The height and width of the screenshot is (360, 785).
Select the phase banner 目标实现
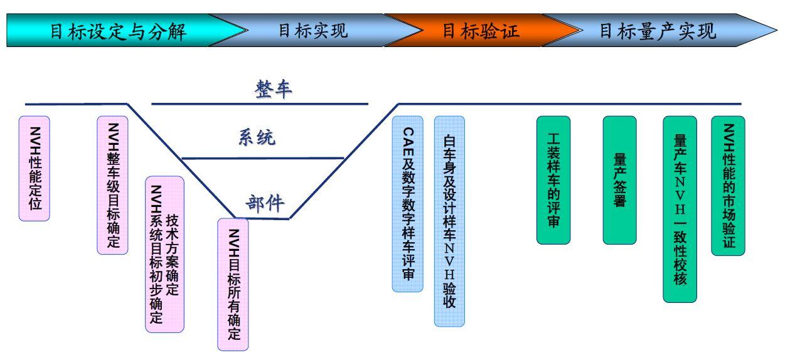(x=312, y=31)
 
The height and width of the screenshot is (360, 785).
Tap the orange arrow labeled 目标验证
(x=481, y=31)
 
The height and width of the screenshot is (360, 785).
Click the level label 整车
(x=273, y=89)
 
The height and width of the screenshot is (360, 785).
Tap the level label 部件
(x=264, y=203)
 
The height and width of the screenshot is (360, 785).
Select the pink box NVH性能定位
(x=35, y=168)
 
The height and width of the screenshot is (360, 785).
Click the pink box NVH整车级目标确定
(x=113, y=185)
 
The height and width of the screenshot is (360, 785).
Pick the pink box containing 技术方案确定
(x=164, y=254)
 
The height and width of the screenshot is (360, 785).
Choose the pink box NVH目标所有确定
(x=233, y=284)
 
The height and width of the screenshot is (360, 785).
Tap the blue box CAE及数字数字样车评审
(x=408, y=204)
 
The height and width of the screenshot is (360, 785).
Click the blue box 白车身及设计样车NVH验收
(x=449, y=221)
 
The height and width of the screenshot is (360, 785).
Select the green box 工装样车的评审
(x=553, y=180)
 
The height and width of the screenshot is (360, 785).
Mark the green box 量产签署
(x=619, y=180)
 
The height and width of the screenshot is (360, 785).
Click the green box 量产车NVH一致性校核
(x=680, y=209)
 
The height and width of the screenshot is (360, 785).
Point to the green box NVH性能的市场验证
(x=728, y=186)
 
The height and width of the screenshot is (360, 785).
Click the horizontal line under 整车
(x=260, y=104)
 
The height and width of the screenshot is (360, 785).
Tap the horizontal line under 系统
(x=264, y=158)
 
